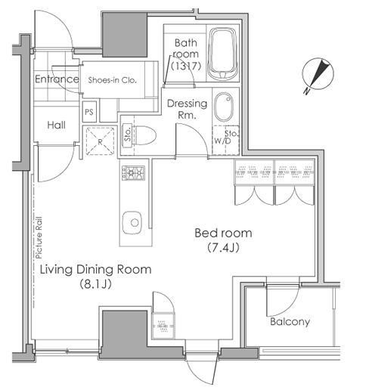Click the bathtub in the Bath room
point(223,54)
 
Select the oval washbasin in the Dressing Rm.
point(224,107)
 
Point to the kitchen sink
point(132,223)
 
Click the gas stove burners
point(133,173)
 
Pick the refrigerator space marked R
point(101,141)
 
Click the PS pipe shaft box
point(89,112)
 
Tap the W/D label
point(222,141)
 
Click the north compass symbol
point(318,74)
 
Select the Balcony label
point(290,321)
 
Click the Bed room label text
point(223,233)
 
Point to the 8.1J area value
point(96,284)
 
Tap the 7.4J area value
point(223,248)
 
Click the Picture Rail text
point(39,237)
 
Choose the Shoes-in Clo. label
point(113,80)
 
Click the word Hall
point(57,125)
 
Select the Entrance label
point(57,79)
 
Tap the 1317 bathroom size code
point(186,66)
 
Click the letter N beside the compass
point(306,91)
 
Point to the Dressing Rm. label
point(187,109)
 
